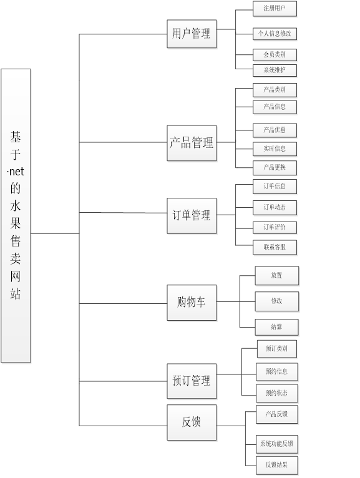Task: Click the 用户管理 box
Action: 192,34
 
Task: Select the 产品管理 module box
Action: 192,143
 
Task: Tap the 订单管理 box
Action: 192,216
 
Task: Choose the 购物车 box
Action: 192,303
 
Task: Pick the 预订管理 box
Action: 192,381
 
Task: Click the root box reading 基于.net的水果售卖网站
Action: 16,215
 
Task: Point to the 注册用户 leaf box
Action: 275,9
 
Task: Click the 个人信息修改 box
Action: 275,34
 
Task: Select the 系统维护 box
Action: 275,71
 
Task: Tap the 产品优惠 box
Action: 275,130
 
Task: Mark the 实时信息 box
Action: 275,149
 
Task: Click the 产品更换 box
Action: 275,168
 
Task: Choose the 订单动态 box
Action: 275,208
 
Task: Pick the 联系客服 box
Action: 275,247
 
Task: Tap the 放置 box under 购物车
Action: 277,276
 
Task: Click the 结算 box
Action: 277,327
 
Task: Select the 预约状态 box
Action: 277,393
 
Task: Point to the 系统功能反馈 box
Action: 277,444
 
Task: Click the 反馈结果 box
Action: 277,465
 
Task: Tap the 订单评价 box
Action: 275,227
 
